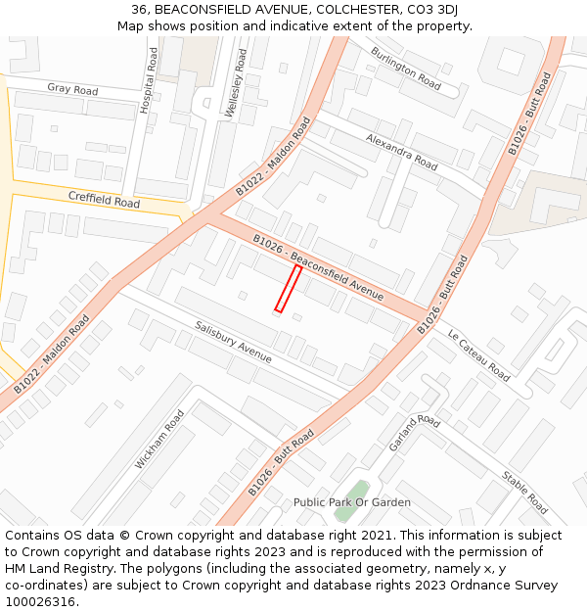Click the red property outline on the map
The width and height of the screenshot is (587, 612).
288,289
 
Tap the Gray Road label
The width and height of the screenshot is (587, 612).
72,89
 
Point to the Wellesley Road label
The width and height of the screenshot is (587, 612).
236,84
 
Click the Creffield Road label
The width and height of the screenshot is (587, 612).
104,200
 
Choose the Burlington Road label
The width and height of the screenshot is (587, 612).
406,68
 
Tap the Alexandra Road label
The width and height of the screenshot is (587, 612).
401,152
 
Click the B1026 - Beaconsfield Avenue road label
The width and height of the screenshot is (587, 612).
318,267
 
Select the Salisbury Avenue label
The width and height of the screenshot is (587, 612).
233,342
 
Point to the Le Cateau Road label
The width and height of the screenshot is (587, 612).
478,354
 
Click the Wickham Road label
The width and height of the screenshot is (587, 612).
159,439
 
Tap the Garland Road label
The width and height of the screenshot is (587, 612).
415,433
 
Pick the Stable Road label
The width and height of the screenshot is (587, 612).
524,493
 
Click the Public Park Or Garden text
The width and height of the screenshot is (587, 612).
352,502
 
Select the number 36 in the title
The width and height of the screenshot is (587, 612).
140,10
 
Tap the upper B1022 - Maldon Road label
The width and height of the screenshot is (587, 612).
273,157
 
